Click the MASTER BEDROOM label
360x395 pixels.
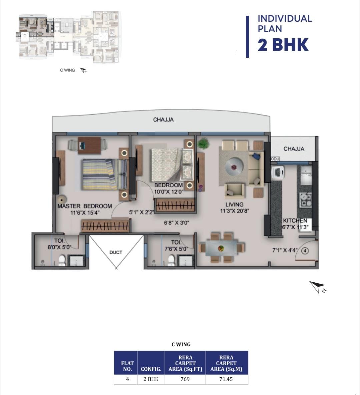(85, 206)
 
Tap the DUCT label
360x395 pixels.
(116, 252)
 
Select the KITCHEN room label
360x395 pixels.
(295, 221)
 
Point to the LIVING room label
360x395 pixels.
(234, 205)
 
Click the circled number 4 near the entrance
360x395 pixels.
(305, 251)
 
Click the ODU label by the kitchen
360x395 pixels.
(275, 159)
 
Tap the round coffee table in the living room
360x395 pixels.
(234, 167)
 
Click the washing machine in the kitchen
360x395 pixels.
(278, 173)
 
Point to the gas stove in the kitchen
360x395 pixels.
(305, 200)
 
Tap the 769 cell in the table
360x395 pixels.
(185, 379)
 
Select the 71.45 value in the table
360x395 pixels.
(226, 379)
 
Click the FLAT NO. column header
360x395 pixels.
(127, 366)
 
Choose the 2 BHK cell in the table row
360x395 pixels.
(151, 379)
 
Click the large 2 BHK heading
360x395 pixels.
(283, 45)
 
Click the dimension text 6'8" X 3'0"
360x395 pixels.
(177, 223)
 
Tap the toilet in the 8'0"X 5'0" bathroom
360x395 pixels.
(62, 260)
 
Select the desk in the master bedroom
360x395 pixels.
(89, 145)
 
